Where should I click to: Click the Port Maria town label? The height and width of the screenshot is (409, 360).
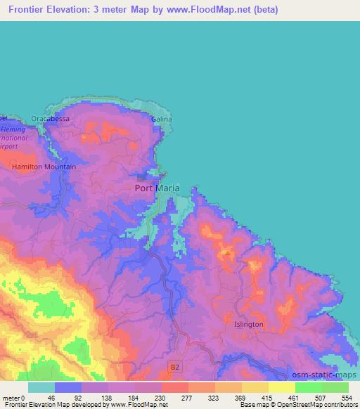[x=156, y=188]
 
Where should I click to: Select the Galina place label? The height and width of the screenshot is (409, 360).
[x=161, y=119]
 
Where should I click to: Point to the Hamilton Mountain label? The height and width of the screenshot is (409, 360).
[x=44, y=167]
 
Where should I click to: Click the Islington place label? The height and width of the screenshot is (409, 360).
[x=249, y=324]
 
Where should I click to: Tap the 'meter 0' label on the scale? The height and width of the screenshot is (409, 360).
[x=14, y=397]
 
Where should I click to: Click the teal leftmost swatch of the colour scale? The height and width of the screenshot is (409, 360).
[x=41, y=387]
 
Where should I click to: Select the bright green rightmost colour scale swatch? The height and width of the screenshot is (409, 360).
[x=335, y=387]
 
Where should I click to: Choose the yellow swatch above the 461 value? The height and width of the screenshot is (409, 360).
[x=281, y=387]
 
